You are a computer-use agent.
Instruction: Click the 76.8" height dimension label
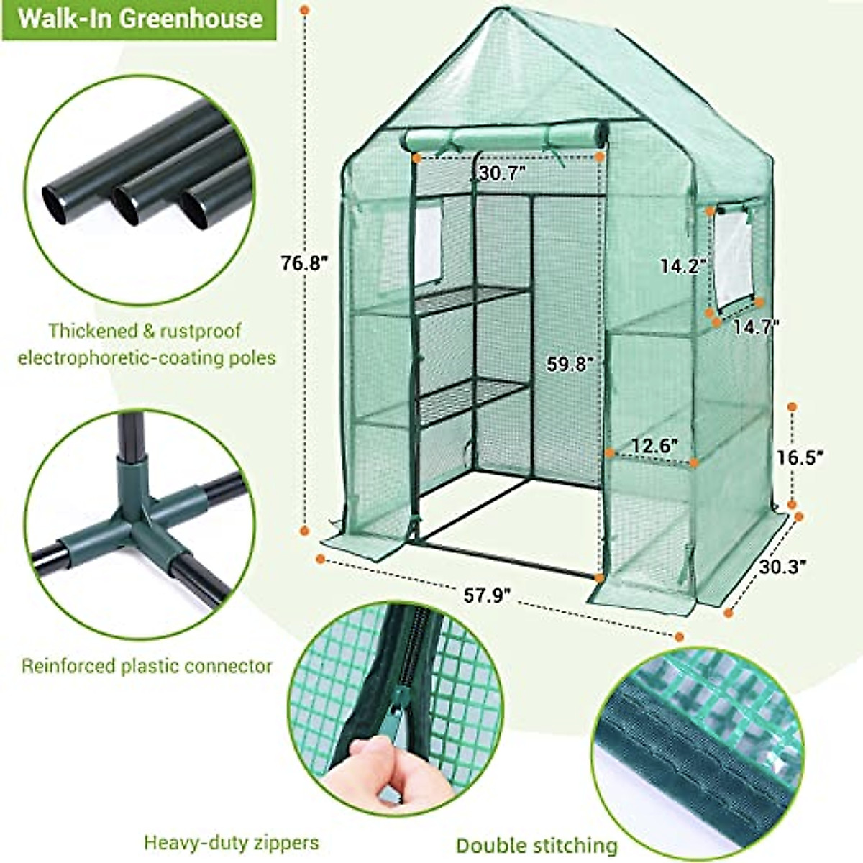pos(304,263)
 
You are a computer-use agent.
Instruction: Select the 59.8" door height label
pos(570,364)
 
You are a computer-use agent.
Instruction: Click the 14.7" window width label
pos(756,327)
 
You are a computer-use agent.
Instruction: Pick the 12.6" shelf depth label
pos(654,446)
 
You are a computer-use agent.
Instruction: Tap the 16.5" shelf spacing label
pos(799,457)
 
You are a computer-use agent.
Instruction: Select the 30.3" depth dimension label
pos(782,565)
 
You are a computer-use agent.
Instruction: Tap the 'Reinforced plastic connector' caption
pos(147,666)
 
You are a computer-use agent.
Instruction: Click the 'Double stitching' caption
pos(536,845)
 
